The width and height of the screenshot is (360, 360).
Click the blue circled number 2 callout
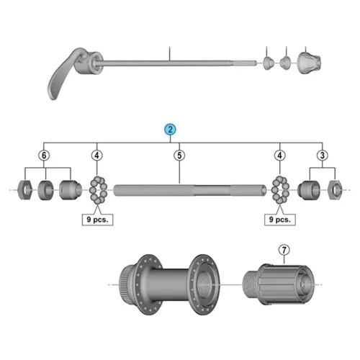170,130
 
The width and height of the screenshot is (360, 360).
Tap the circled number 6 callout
44,156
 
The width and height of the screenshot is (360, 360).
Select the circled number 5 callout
179,156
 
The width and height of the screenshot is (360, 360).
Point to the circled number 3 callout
323,156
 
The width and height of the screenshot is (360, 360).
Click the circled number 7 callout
284,250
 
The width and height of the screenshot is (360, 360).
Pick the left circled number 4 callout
97,156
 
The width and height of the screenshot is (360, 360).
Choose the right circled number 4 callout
280,156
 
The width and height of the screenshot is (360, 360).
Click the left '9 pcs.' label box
97,220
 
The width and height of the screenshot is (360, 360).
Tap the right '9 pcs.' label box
280,220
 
